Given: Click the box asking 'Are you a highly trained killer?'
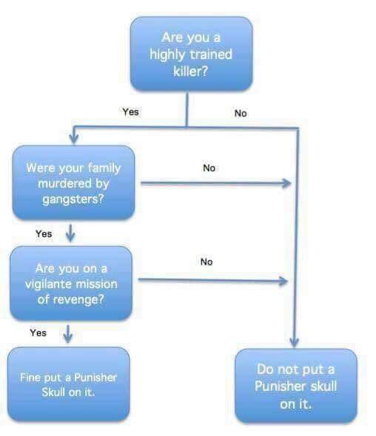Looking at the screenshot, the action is pos(192,53).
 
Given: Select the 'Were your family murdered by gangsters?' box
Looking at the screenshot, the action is pos(73,183).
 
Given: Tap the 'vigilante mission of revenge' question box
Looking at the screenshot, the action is pos(71,283).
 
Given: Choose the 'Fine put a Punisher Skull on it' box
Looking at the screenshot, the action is pos(69,384).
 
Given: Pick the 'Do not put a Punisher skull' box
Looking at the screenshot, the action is pos(296,386).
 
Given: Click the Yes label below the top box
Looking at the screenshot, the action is pos(130,112).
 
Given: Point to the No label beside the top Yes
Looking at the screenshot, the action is pos(241,113).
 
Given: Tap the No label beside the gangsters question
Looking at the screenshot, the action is pos(209,168).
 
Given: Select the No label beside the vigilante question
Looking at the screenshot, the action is pos(207,262).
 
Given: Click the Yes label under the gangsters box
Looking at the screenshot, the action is pos(44,234).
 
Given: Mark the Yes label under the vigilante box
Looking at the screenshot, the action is pos(38,333).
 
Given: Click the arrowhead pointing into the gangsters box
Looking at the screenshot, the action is pos(74,138).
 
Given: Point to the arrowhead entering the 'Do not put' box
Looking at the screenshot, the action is pos(295,342).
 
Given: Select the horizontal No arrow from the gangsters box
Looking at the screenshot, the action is pos(216,183).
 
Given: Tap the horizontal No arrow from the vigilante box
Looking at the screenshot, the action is pos(213,280).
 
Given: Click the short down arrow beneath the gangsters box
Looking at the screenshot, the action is pos(70,233).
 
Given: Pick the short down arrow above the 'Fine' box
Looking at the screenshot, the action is pos(68,334).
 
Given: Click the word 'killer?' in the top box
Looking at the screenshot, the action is pos(191,72).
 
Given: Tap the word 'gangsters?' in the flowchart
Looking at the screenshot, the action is pos(73,199).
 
